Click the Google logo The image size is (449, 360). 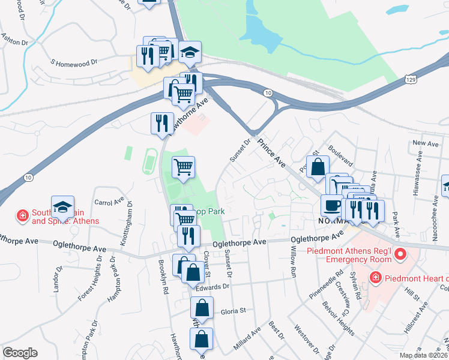20,353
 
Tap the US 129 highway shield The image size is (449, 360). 410,79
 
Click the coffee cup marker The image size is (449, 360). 331,205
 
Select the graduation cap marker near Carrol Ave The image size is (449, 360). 62,208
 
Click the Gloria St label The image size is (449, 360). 234,311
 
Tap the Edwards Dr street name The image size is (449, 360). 213,287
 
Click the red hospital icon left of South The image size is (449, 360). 22,215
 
